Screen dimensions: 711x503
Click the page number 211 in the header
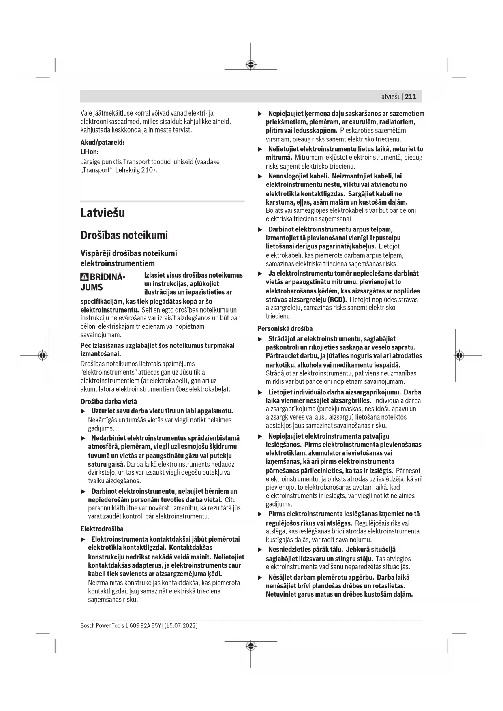(411, 96)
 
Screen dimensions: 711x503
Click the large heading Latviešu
(103, 213)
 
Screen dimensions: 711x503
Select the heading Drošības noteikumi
(124, 235)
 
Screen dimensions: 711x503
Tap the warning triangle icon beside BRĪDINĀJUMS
(84, 278)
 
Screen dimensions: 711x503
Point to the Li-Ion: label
(90, 152)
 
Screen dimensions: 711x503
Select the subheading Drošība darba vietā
(109, 402)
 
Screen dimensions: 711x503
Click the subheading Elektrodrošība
(102, 529)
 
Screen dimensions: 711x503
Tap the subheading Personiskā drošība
(285, 328)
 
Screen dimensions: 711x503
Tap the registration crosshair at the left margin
(43, 355)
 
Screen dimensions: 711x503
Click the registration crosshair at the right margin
(459, 355)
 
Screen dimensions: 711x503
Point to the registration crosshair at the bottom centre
(251, 646)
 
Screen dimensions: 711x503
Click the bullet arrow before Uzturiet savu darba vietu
(83, 411)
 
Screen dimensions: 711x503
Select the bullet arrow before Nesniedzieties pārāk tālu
(261, 550)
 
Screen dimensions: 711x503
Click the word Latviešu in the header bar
(389, 96)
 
